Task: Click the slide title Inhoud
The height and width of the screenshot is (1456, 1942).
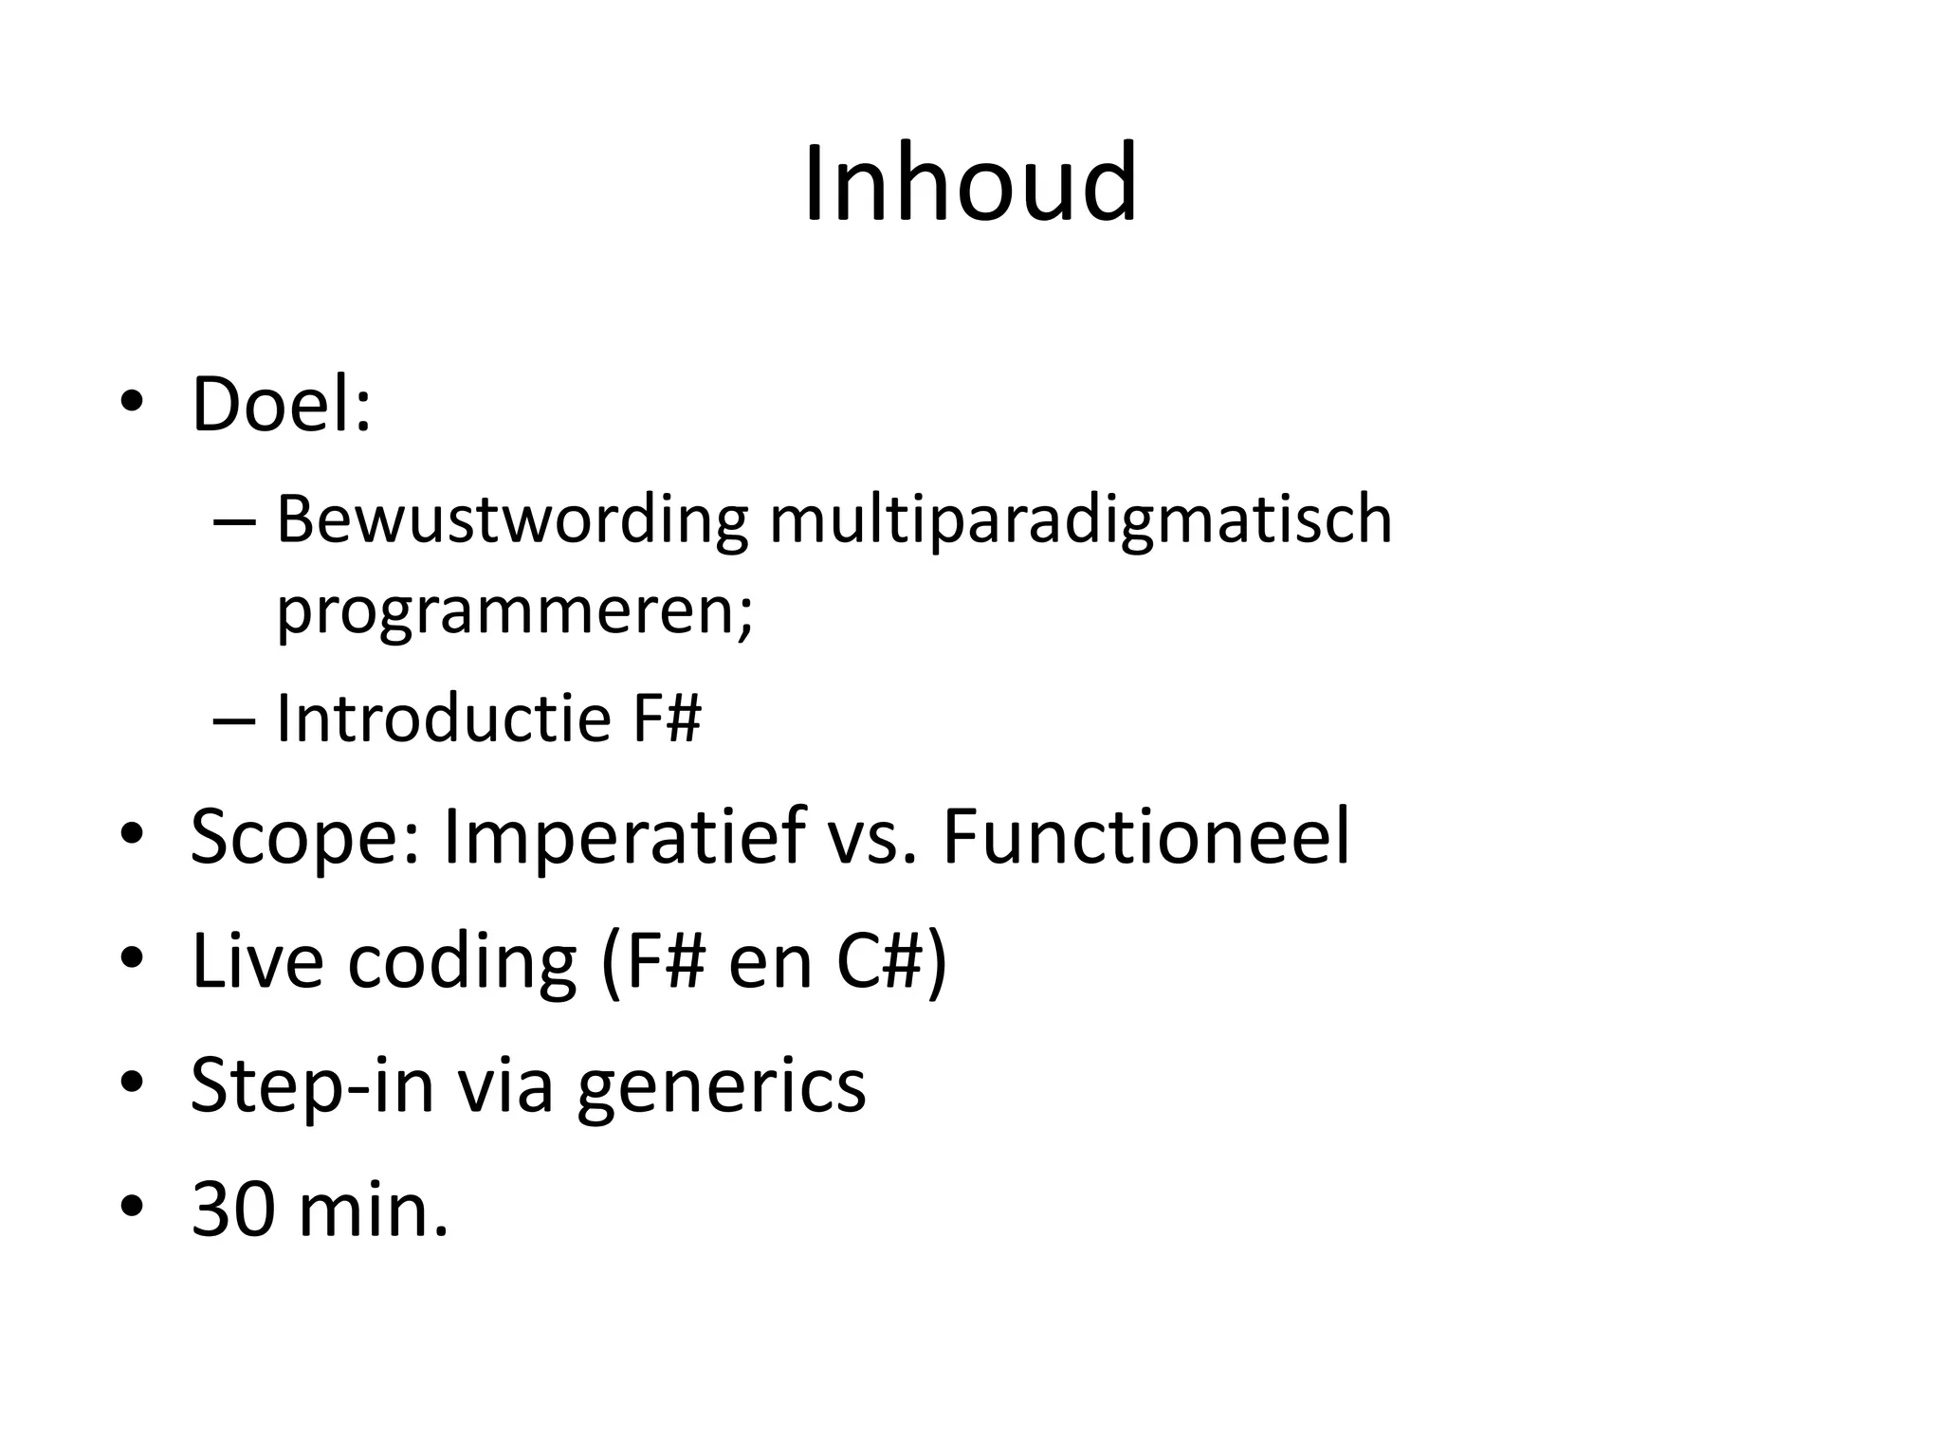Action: click(970, 182)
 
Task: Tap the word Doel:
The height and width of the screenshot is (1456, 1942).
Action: click(282, 405)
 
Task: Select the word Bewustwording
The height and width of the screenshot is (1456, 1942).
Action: click(512, 520)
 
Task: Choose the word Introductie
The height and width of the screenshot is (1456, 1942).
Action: click(444, 718)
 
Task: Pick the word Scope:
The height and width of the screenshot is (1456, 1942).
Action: click(304, 838)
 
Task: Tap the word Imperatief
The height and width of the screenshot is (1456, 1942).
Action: click(623, 838)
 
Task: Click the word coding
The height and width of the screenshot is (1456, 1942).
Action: click(462, 962)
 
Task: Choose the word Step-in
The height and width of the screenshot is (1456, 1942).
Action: click(312, 1085)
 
